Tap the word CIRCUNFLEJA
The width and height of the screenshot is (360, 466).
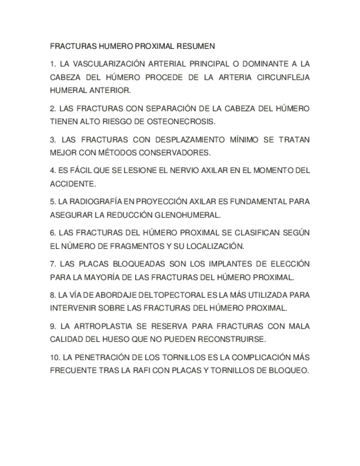283,77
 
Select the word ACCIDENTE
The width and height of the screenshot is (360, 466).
72,184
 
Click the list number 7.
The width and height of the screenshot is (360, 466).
53,264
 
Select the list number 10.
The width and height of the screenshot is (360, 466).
55,357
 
